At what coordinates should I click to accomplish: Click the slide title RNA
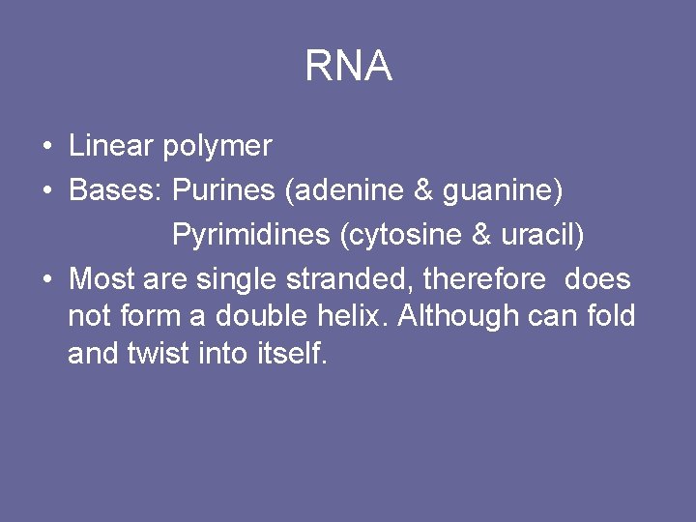[x=348, y=66]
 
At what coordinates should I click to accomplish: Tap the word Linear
[x=111, y=146]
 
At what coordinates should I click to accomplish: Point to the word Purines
[x=223, y=190]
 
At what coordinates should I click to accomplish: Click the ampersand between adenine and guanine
[x=422, y=190]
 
